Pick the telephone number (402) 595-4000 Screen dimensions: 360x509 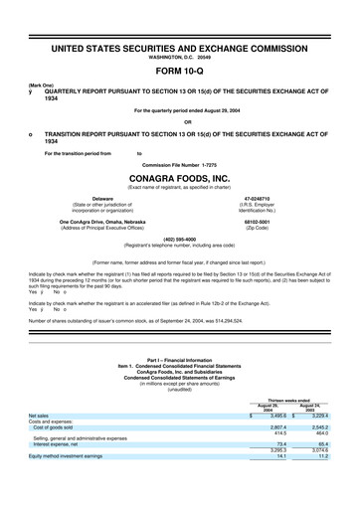[x=179, y=238]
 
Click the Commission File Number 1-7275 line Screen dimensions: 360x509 [x=179, y=163]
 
